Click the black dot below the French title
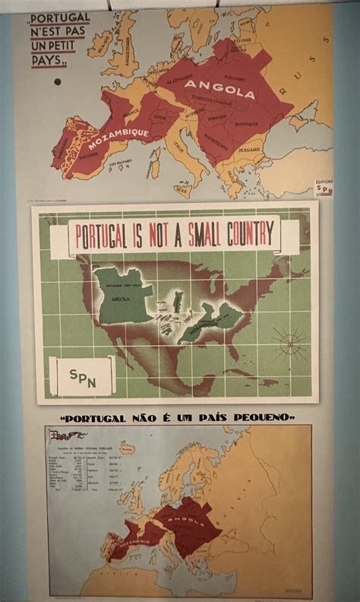(x=58, y=82)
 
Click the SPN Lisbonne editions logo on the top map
(x=324, y=189)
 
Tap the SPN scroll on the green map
(x=83, y=375)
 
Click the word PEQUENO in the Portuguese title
(x=264, y=417)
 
